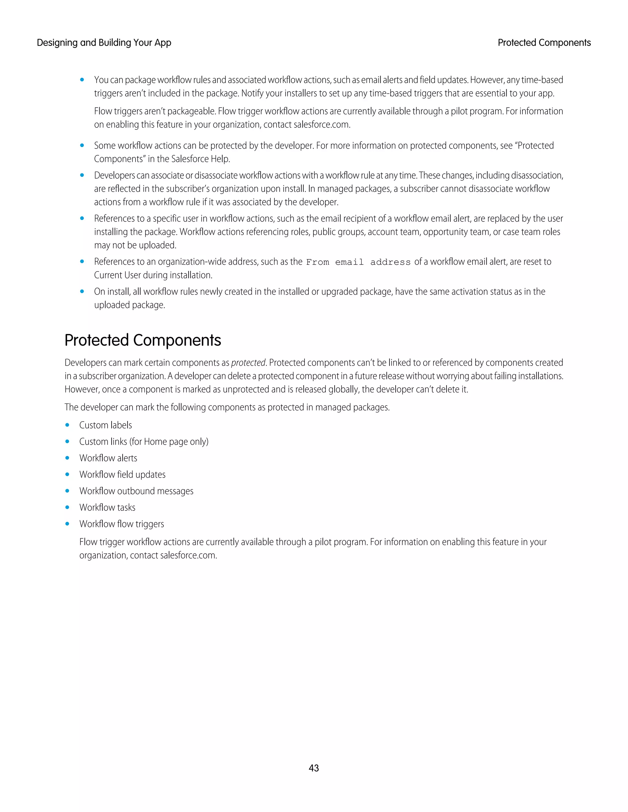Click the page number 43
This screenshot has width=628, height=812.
314,768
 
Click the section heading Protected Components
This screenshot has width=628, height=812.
143,340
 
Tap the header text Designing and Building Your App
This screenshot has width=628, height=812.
104,43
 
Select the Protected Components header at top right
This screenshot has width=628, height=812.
544,43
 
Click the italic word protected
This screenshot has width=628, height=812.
248,362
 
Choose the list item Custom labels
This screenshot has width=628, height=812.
106,425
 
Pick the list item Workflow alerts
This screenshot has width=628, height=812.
108,458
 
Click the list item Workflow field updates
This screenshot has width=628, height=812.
122,474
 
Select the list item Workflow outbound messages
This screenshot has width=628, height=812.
136,491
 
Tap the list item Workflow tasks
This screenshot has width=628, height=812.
107,507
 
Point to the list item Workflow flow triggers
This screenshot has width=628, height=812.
122,524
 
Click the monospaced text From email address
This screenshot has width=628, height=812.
358,262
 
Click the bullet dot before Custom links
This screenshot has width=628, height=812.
67,441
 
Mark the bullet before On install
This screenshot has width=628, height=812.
82,291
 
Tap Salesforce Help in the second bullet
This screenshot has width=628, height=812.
200,159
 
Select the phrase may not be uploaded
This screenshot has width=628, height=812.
135,245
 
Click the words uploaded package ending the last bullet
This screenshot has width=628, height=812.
129,305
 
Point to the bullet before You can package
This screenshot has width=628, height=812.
82,80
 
